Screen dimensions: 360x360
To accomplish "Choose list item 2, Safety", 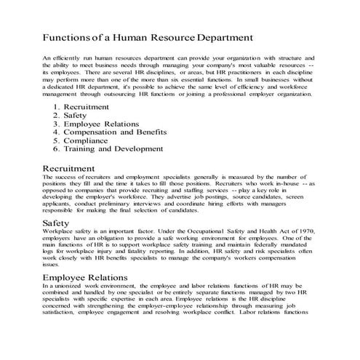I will click(x=76, y=116).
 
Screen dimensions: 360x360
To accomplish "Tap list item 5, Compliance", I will click(x=85, y=140).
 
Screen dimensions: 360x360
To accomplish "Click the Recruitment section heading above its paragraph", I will click(x=73, y=169).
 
